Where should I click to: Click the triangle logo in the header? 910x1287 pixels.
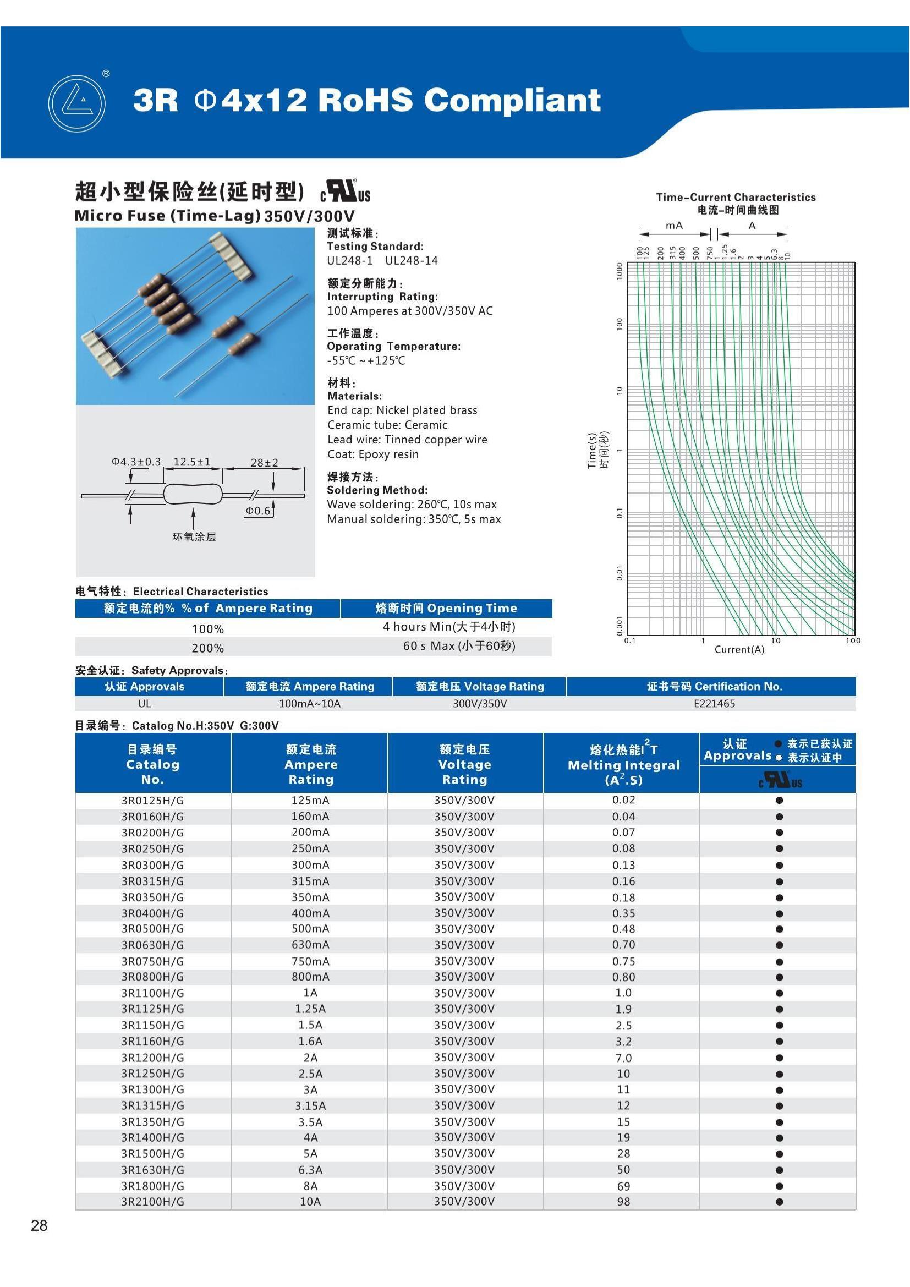[x=77, y=103]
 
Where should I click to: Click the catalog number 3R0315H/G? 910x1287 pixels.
[x=152, y=881]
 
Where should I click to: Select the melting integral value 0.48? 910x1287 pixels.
[x=623, y=929]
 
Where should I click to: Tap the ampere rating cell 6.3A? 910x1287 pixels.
[x=310, y=1170]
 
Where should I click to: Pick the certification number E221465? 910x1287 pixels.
[x=714, y=704]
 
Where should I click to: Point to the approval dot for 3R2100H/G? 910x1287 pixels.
[x=779, y=1202]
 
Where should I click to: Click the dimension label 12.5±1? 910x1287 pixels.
[x=192, y=462]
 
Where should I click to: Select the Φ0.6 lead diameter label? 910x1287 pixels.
[x=257, y=511]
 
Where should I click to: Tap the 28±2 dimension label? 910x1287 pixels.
[x=264, y=462]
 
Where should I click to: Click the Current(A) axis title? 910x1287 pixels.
[x=739, y=650]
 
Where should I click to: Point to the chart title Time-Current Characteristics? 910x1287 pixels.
[x=736, y=198]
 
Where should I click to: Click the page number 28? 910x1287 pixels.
[x=39, y=1226]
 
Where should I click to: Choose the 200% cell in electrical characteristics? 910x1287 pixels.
[x=207, y=648]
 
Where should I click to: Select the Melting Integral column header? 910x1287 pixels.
[x=623, y=765]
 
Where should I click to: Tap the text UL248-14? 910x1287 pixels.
[x=412, y=261]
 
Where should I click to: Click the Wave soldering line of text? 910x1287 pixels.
[x=412, y=505]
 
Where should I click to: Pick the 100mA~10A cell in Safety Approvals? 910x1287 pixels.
[x=309, y=704]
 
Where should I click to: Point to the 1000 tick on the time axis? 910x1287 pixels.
[x=619, y=270]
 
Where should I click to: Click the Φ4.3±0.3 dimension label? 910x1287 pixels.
[x=136, y=462]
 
